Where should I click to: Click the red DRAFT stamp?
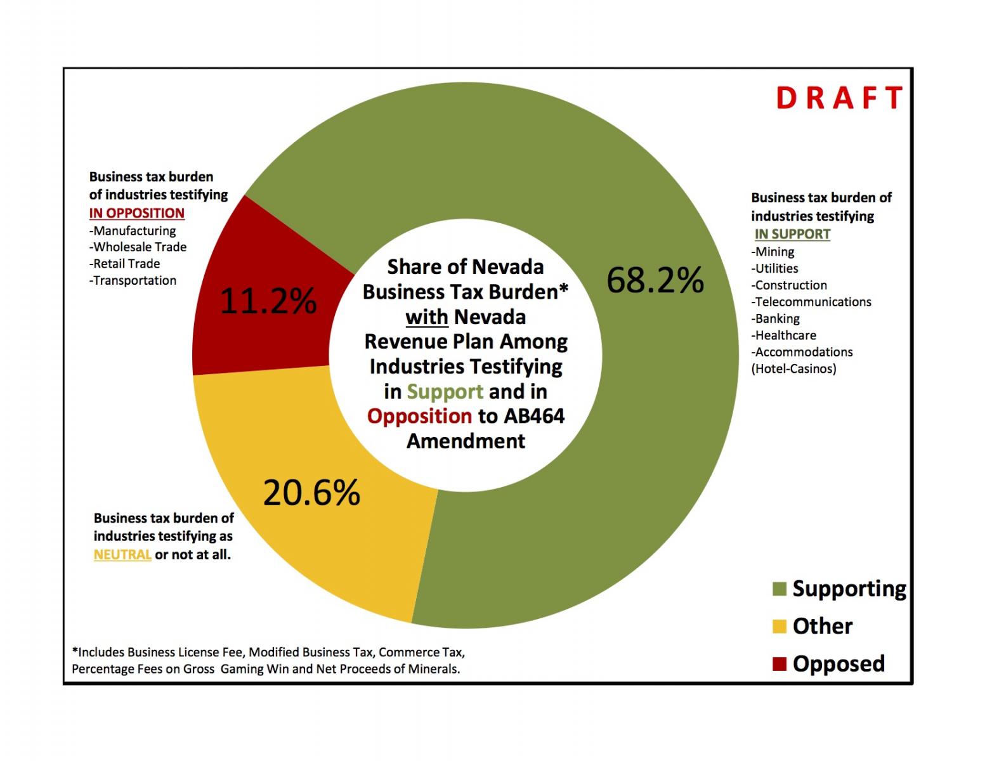click(839, 98)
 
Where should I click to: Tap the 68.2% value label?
click(655, 280)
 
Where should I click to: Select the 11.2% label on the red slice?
click(268, 301)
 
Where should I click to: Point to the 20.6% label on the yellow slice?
click(312, 492)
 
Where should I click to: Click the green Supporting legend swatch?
click(780, 589)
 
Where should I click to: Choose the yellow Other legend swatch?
click(780, 627)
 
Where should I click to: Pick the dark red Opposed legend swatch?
click(780, 663)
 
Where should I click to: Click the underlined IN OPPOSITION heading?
click(137, 213)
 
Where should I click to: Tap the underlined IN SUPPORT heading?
click(792, 234)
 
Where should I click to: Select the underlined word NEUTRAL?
click(122, 554)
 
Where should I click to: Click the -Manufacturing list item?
click(133, 231)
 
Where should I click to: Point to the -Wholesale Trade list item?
click(138, 247)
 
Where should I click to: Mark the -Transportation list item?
click(133, 280)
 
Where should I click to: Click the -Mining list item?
click(773, 252)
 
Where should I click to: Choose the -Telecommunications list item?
click(811, 302)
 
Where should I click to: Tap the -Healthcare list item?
click(784, 335)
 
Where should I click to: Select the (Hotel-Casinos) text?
click(793, 369)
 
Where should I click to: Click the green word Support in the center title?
click(445, 392)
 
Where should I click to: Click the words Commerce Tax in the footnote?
click(421, 652)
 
